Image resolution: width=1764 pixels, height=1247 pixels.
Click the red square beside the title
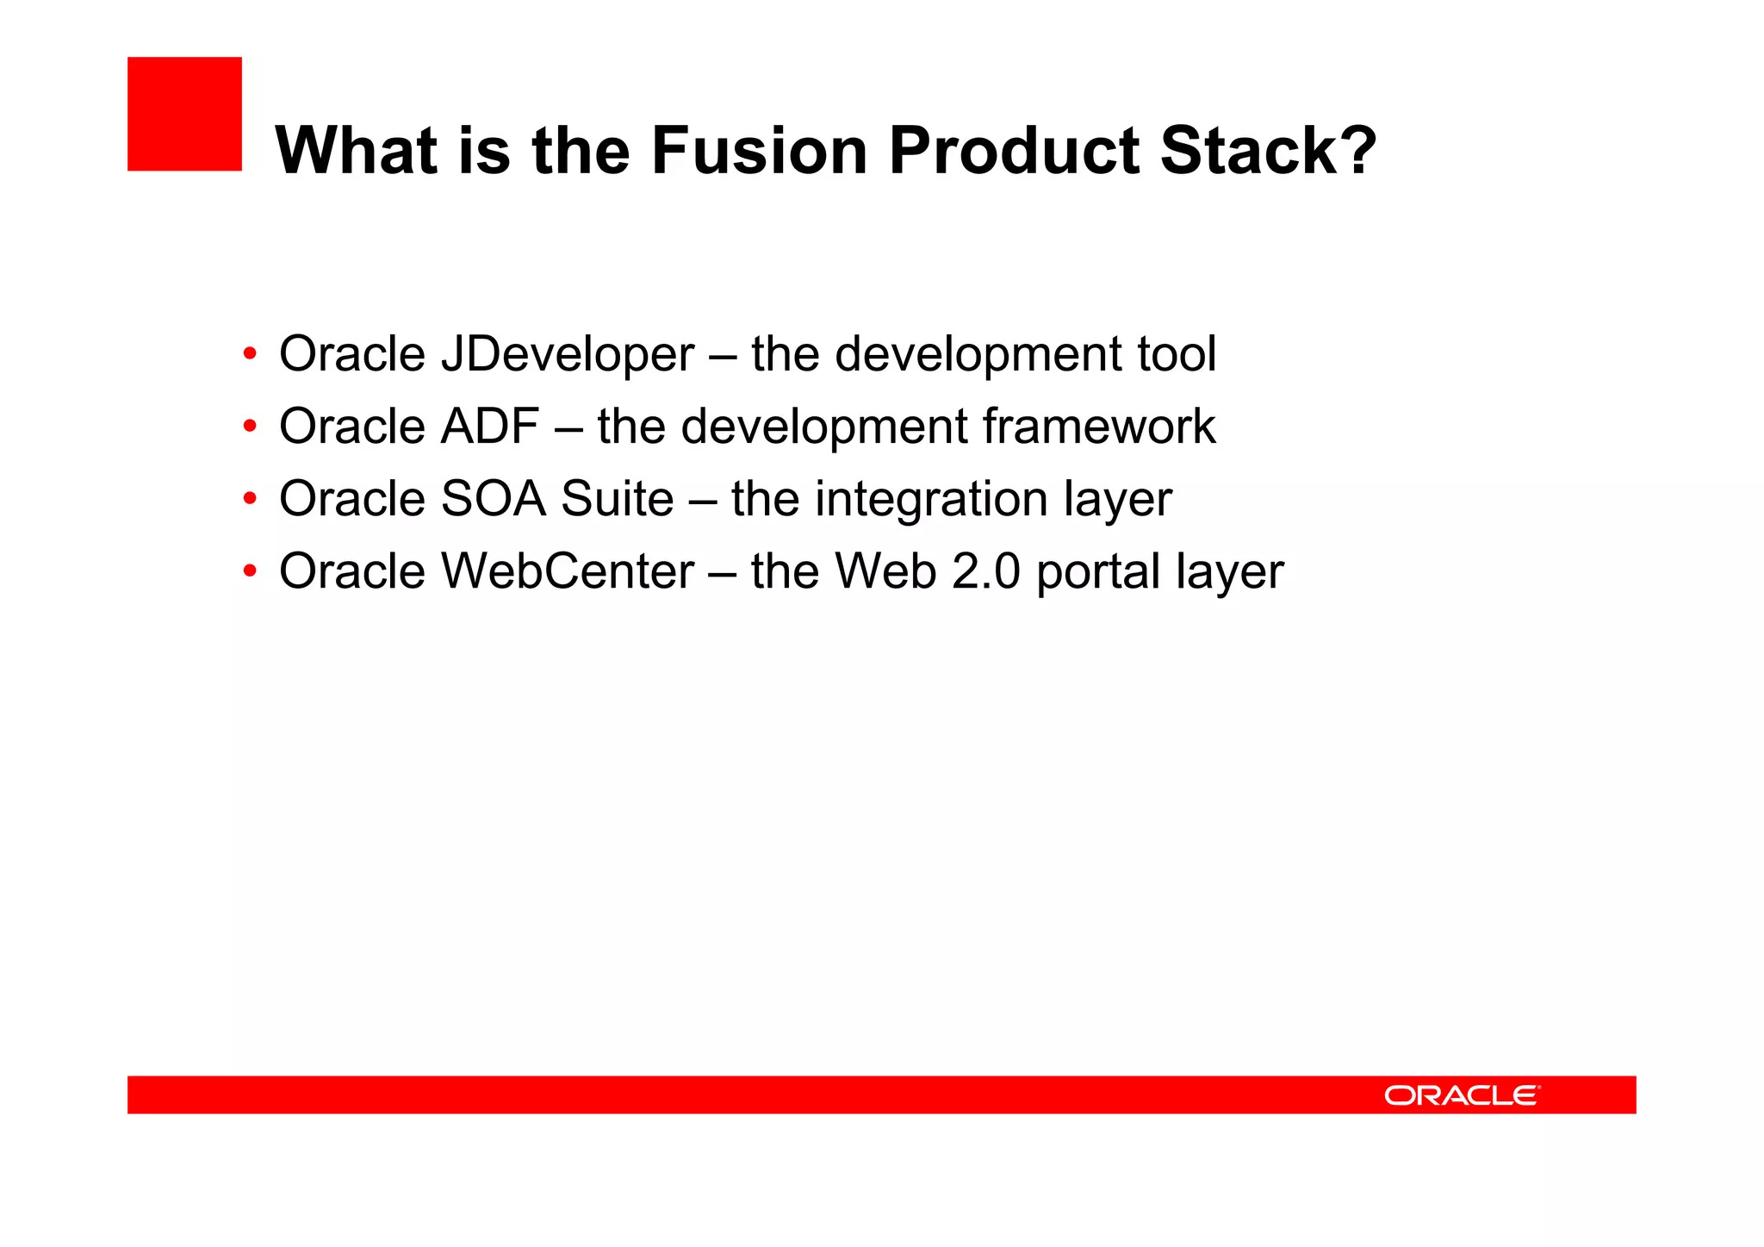pos(184,114)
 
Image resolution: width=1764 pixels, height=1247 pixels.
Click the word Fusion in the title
pos(758,151)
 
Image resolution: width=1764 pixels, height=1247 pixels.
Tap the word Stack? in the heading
pos(1268,151)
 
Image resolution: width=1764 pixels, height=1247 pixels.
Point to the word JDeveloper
pos(567,355)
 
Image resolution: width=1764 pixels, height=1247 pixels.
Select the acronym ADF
pos(490,427)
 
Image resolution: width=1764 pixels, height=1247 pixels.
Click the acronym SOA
pos(493,499)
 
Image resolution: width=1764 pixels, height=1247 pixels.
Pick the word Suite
pos(617,499)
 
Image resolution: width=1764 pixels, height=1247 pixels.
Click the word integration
pos(931,500)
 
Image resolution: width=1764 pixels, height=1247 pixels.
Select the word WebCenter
pos(568,571)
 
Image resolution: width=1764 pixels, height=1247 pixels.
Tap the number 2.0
pos(985,571)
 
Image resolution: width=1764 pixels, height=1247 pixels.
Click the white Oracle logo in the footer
pos(1462,1095)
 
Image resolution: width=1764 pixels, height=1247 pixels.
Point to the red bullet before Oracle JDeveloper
pos(250,354)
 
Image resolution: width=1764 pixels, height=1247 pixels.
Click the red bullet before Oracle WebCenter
pos(250,571)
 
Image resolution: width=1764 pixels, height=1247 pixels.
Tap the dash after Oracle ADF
pos(568,428)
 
